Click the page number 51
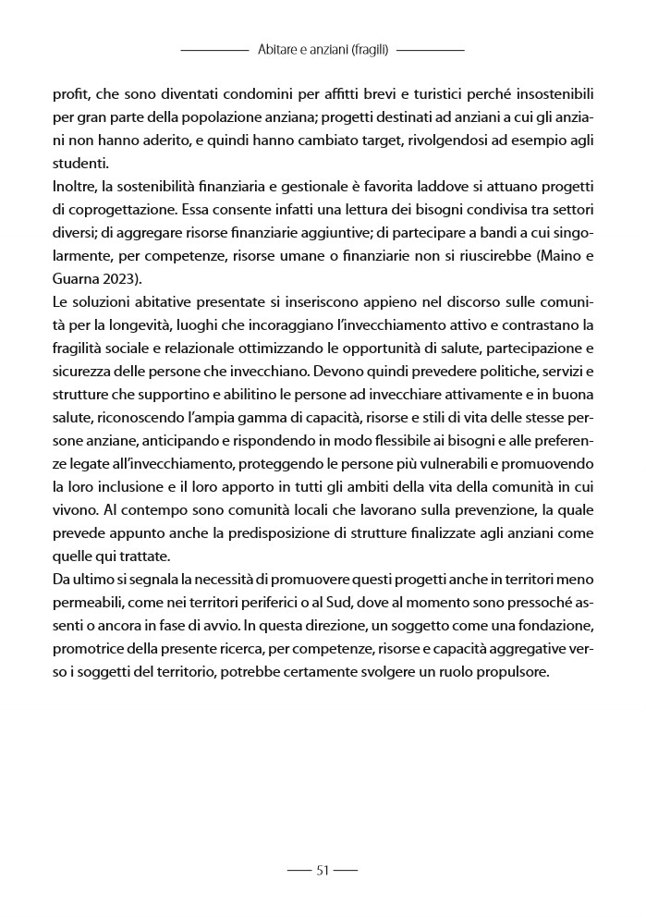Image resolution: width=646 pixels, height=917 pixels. coord(323,869)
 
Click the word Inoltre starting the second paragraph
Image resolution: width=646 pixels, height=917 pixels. coord(77,190)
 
